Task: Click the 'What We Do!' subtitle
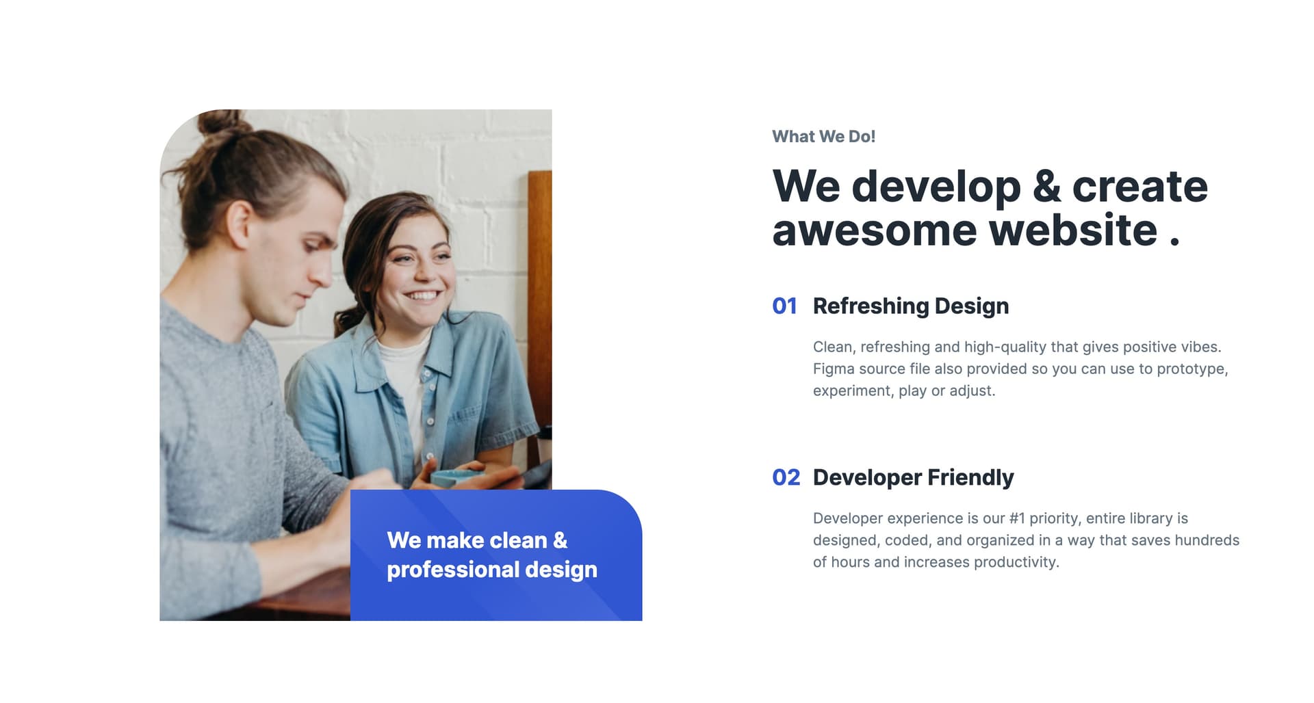pyautogui.click(x=823, y=137)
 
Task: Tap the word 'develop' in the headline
pyautogui.click(x=936, y=187)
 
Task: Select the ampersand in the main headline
pyautogui.click(x=1046, y=186)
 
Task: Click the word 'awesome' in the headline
pyautogui.click(x=875, y=230)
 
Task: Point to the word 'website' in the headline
pyautogui.click(x=1073, y=230)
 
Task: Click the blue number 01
pyautogui.click(x=784, y=306)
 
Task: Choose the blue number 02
pyautogui.click(x=786, y=477)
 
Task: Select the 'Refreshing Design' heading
pyautogui.click(x=911, y=306)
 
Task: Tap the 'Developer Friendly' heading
pyautogui.click(x=914, y=477)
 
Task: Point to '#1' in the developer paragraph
pyautogui.click(x=1017, y=518)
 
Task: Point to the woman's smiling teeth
pyautogui.click(x=424, y=296)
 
